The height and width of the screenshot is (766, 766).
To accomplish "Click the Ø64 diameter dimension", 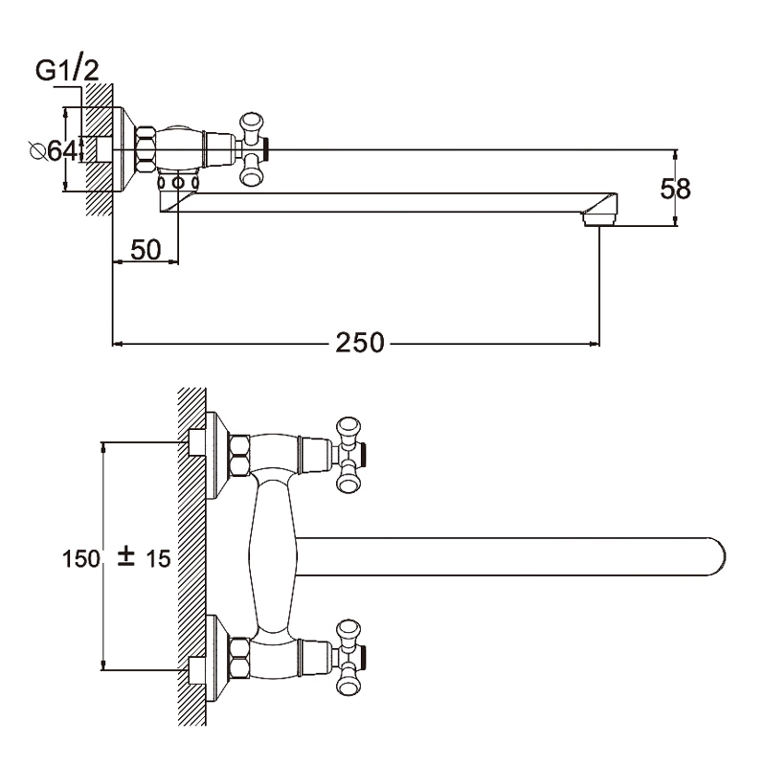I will pos(53,150).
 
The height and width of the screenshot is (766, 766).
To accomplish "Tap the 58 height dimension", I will pos(676,188).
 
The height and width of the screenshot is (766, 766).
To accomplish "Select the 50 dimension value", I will pos(144,251).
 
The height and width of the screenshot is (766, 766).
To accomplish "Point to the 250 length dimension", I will pos(359,342).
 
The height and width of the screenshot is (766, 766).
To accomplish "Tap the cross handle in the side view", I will pos(252,149).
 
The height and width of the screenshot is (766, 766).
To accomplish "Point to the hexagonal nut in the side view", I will pos(147,149).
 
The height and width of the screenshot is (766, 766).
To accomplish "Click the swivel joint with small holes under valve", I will pos(178,181).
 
